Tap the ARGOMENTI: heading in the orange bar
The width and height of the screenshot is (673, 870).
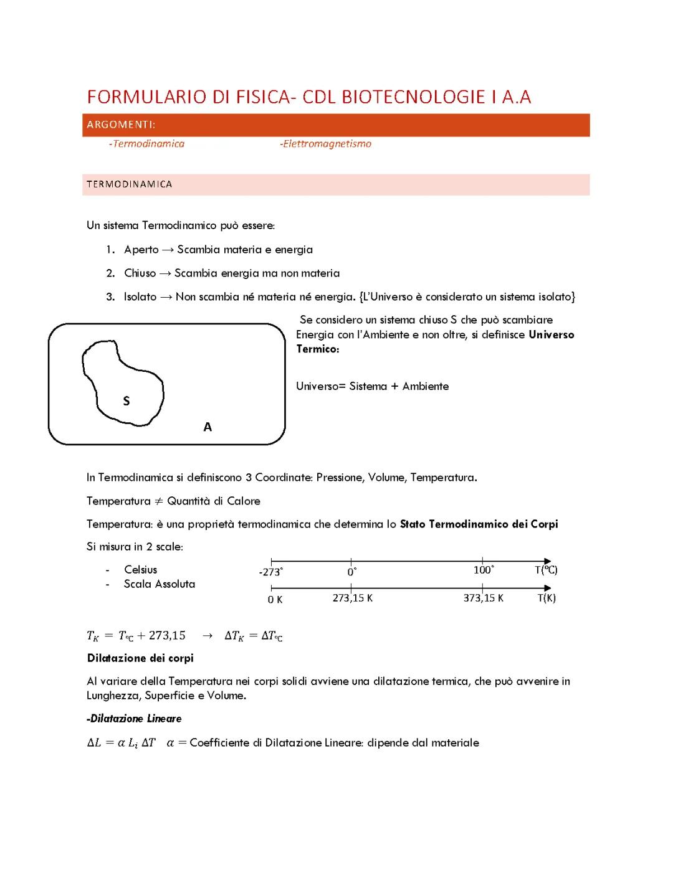121,125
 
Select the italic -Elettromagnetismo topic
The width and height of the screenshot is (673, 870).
325,144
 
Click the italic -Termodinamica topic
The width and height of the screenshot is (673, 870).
146,144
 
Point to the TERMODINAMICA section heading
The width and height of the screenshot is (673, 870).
130,184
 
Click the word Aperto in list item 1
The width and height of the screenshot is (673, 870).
141,250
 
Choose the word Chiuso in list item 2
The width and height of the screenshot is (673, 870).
140,273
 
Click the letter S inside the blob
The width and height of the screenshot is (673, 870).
126,401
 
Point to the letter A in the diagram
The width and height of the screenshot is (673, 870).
208,427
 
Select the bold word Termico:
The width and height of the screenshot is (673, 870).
318,349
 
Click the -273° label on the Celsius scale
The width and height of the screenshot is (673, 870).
270,572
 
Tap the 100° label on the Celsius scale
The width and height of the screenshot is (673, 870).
484,570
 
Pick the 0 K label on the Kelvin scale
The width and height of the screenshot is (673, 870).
275,599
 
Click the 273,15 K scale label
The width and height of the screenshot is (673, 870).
353,598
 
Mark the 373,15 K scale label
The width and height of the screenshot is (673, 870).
484,598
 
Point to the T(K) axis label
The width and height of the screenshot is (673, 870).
547,598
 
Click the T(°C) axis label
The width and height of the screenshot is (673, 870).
546,570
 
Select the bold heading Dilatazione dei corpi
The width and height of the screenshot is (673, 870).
140,658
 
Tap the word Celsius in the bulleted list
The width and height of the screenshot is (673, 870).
141,570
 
